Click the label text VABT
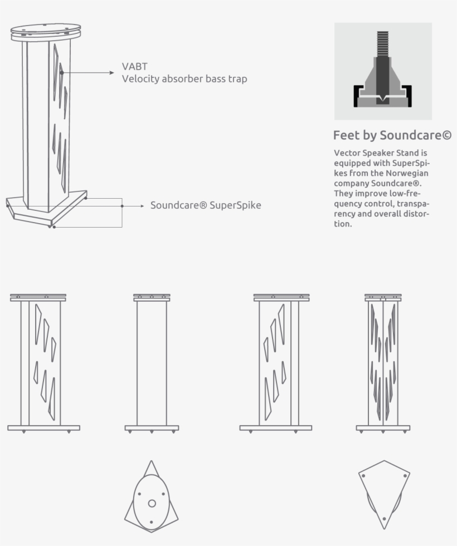click(135, 67)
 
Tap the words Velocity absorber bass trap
click(184, 79)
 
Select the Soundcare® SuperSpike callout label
click(206, 205)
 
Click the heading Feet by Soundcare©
click(392, 135)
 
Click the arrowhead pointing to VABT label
click(112, 72)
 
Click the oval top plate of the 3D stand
click(46, 28)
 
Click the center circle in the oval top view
click(152, 503)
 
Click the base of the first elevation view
click(43, 428)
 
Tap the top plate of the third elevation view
click(281, 298)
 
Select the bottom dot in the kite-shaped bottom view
click(383, 519)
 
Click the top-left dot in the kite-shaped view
click(363, 476)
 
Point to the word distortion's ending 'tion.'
click(343, 224)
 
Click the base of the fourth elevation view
click(383, 428)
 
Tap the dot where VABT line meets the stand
click(62, 72)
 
